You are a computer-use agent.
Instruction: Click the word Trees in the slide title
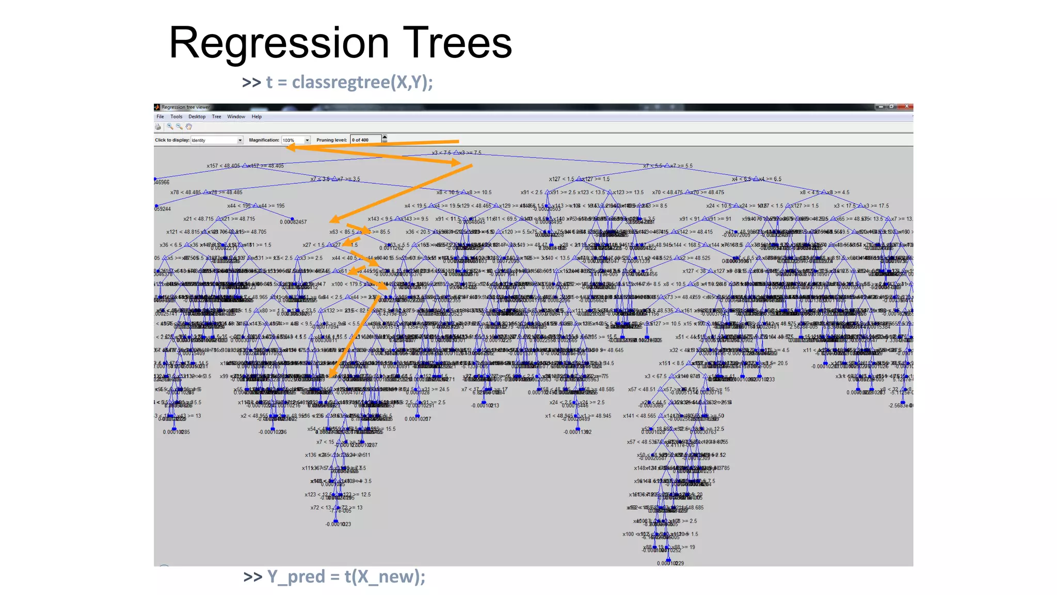click(x=457, y=43)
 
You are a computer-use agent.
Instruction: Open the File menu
click(x=160, y=117)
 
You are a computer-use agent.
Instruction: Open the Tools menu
click(x=177, y=117)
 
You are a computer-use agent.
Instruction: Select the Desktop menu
click(x=197, y=117)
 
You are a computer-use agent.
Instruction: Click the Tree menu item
click(x=216, y=117)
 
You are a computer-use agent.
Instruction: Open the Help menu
click(x=257, y=117)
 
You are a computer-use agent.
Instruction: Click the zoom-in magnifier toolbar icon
click(x=169, y=127)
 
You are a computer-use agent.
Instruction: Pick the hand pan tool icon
click(x=189, y=127)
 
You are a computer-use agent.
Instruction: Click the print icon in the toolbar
click(x=158, y=127)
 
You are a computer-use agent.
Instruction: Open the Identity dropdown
click(x=217, y=140)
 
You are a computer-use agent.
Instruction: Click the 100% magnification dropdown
click(x=296, y=140)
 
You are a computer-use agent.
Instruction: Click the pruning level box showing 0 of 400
click(x=365, y=140)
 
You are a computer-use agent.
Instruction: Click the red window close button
click(x=907, y=106)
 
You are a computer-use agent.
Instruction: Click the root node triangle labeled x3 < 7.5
click(x=456, y=153)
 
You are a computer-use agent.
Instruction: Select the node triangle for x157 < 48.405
click(x=245, y=166)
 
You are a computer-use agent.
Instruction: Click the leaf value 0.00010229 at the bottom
click(x=670, y=563)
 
